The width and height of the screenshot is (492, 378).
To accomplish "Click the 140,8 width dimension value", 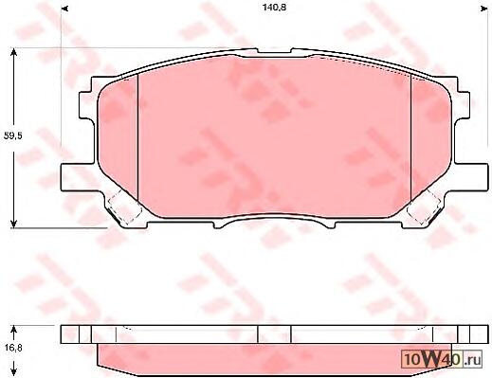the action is pos(274,8).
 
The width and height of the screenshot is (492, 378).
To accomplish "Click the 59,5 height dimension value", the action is pos(12,136).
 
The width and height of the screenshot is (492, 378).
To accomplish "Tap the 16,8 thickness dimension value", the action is pos(13,348).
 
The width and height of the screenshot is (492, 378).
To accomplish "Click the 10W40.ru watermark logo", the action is pos(442,359).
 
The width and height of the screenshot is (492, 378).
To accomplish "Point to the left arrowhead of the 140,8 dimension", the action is pos(64,9).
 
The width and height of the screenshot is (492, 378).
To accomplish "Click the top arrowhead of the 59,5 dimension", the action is pos(13,52).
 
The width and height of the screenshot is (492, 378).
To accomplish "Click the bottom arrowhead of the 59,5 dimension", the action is pos(13,224).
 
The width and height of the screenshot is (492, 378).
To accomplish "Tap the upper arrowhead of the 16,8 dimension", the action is pos(13,330).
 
